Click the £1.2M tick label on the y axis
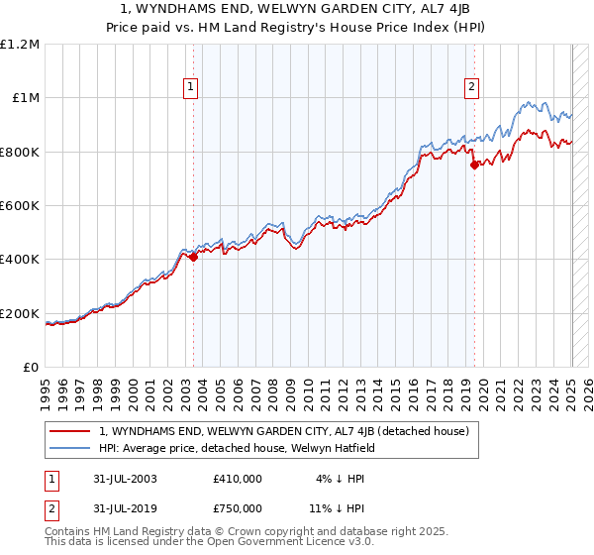coord(20,44)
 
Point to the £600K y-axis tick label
coord(20,205)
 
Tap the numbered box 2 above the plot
coord(471,87)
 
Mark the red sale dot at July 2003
coord(194,257)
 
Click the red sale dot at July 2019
coord(474,165)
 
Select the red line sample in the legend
coord(70,431)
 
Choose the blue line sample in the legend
coord(70,448)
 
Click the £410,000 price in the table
coord(238,479)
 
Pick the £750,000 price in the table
coord(238,507)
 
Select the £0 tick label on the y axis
coord(30,367)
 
